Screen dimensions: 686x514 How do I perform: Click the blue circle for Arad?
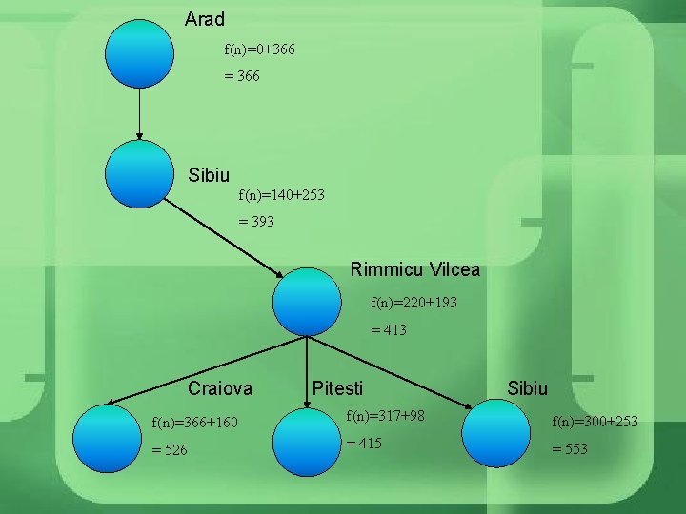coord(140,53)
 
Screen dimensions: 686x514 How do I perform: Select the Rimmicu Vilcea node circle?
coord(307,302)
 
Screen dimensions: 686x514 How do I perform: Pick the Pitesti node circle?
coord(307,441)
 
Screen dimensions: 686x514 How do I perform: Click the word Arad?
coord(205,19)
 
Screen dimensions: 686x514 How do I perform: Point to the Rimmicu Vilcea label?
coord(414,270)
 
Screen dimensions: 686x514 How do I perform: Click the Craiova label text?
coord(220,388)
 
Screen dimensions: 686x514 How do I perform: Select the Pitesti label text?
coord(337,388)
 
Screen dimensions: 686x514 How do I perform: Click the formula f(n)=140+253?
coord(281,195)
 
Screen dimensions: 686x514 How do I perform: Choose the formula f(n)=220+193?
coord(414,303)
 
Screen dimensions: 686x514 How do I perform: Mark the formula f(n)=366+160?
coord(195,422)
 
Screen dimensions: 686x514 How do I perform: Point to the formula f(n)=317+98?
coord(385,416)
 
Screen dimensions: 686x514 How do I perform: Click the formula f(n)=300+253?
coord(595,422)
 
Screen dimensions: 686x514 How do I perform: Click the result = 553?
coord(570,449)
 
